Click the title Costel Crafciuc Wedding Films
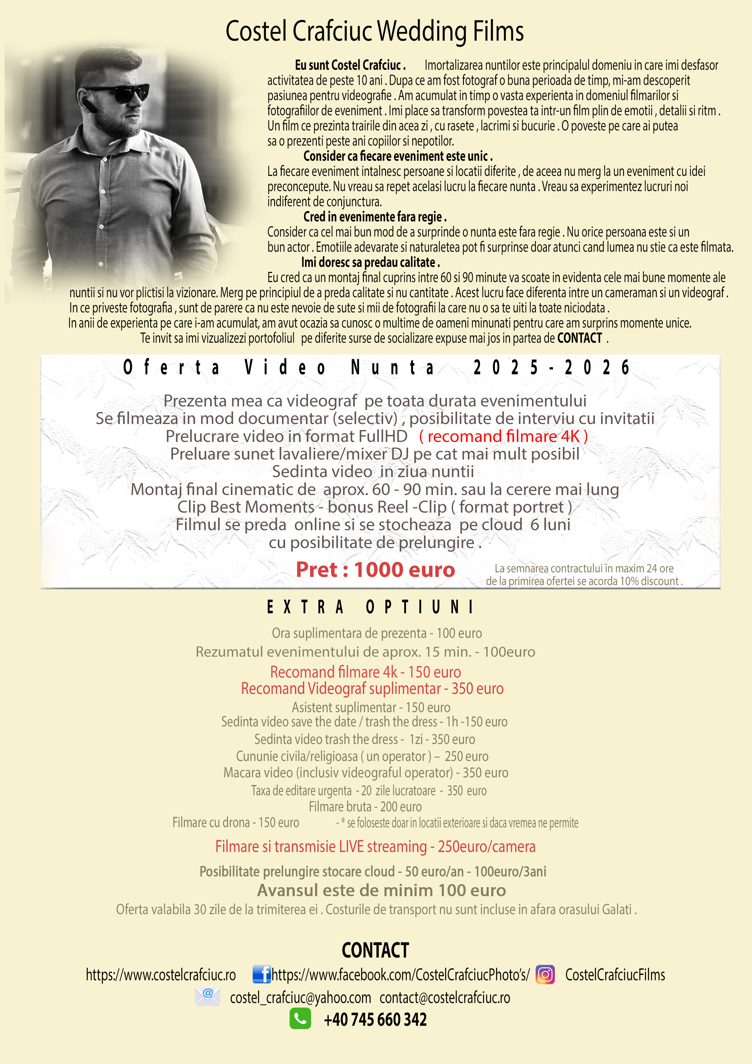pos(374,32)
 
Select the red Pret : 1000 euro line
pos(375,570)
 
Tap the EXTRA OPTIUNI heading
pos(370,607)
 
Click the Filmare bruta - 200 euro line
pos(365,807)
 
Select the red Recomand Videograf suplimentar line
pos(372,689)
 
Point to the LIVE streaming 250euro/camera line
pos(375,847)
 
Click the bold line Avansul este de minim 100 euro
pos(381,890)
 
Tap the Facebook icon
pos(261,975)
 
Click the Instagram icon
pos(545,975)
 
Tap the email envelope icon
pos(208,996)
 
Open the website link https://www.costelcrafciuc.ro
pos(161,975)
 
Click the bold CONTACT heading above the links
pos(375,951)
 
